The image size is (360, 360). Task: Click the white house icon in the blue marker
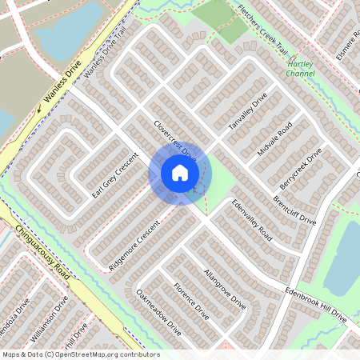[x=179, y=172]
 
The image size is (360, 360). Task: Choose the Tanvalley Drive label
[x=246, y=113]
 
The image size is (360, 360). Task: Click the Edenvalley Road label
[x=251, y=221]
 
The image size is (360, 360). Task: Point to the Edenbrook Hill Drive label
[x=316, y=306]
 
